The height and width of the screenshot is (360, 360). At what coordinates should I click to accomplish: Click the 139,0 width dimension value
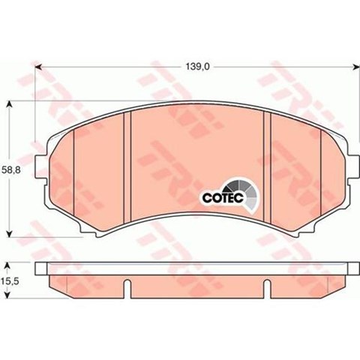click(x=197, y=67)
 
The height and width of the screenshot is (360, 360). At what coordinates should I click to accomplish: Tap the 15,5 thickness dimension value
click(x=10, y=281)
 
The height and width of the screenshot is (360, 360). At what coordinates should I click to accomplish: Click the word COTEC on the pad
click(x=223, y=198)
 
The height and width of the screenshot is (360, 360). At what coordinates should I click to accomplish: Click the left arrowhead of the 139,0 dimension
click(x=37, y=67)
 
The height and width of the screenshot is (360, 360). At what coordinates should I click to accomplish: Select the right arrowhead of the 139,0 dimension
click(x=356, y=67)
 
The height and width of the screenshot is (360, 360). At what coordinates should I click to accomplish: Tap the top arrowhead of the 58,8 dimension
click(x=9, y=104)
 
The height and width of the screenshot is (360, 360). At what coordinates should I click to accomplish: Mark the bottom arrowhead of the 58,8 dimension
click(x=9, y=233)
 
